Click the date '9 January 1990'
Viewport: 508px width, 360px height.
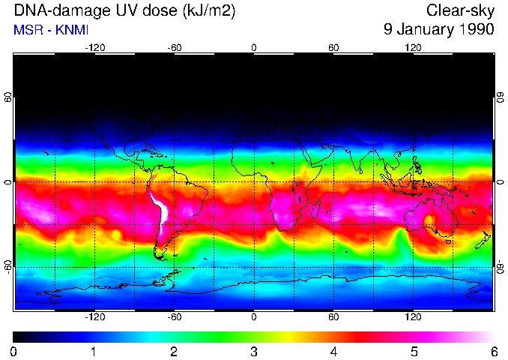coord(438,30)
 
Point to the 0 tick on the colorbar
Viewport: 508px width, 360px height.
coord(14,351)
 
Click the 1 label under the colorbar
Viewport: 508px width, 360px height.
coord(94,351)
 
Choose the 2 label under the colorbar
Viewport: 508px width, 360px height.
coord(174,351)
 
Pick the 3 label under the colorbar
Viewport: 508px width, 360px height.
coord(254,351)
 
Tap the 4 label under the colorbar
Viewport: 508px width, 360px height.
coord(333,351)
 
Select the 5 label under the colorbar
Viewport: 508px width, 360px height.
coord(414,351)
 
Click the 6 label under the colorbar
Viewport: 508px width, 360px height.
coord(493,351)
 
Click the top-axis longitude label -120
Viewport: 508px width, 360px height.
coord(94,48)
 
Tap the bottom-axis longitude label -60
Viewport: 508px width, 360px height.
coord(174,316)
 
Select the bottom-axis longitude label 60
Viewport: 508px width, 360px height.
coord(333,316)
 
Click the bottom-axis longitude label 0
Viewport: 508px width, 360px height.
coord(254,316)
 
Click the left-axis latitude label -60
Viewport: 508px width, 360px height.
coord(7,266)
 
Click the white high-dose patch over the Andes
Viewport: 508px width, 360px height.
coord(160,209)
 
